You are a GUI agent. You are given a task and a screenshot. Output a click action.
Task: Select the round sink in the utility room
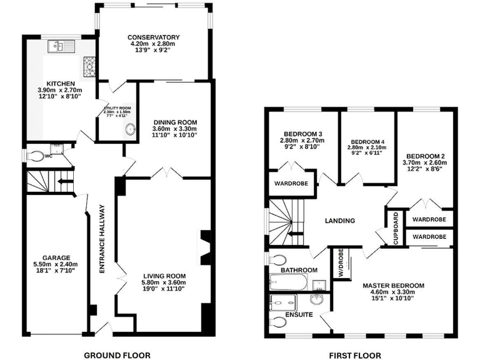click(x=130, y=129)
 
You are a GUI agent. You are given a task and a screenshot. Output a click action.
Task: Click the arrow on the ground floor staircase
click(x=62, y=183)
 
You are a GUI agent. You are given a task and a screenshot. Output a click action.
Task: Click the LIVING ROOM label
click(x=164, y=276)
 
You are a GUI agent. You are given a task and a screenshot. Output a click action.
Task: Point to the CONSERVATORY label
click(x=154, y=37)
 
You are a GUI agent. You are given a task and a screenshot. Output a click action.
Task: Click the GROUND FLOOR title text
click(x=117, y=355)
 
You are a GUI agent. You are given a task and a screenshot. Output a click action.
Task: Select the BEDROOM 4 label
click(x=367, y=141)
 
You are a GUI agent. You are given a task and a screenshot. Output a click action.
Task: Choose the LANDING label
click(x=340, y=221)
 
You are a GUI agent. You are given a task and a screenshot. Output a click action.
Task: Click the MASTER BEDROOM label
click(x=393, y=286)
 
